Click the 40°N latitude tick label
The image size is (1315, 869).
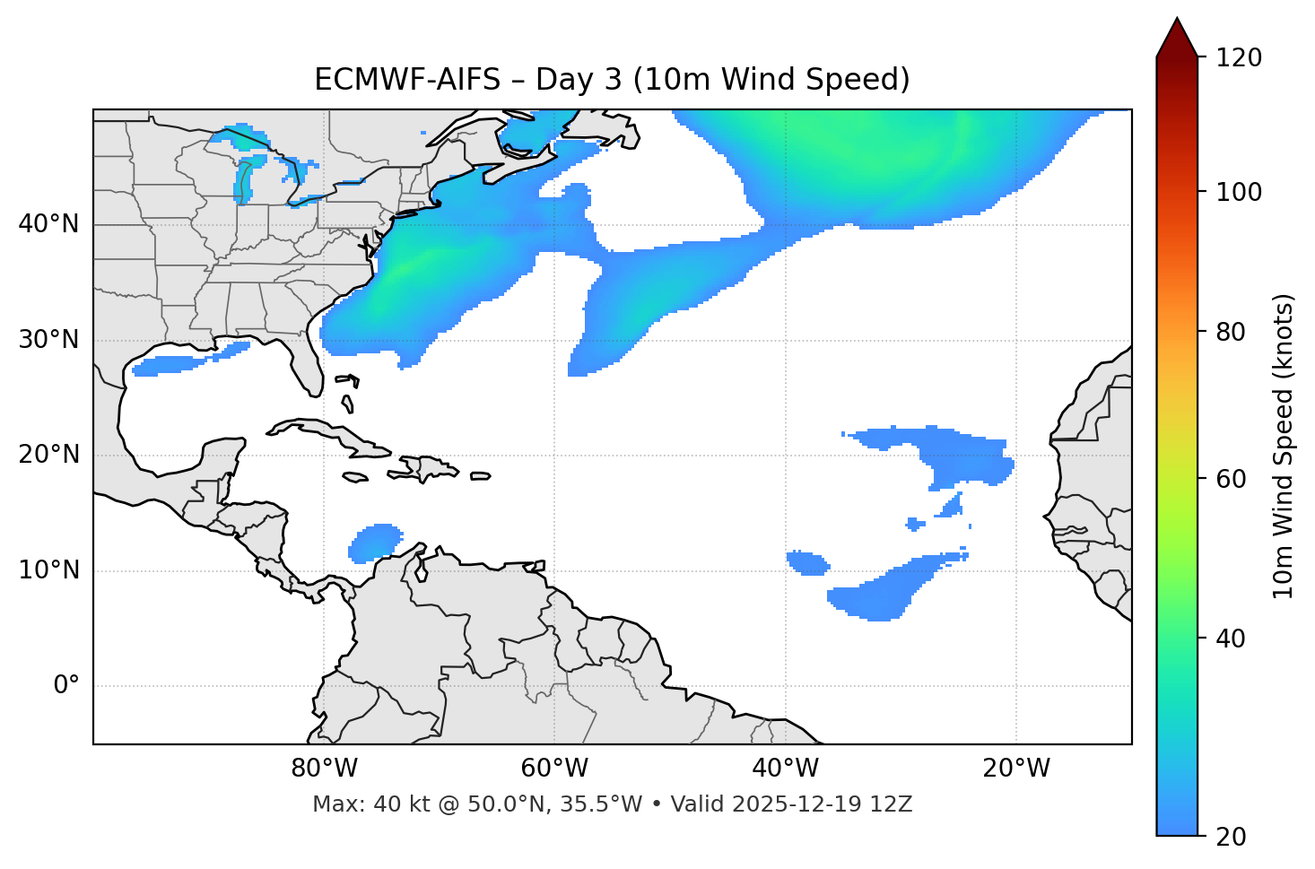coord(48,224)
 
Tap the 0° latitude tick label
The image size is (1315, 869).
coord(65,686)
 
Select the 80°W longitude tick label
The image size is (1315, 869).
coord(324,769)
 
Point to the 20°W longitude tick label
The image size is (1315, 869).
coord(1016,769)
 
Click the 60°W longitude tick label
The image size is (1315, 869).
coord(554,769)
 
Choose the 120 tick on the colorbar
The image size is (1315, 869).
coord(1240,58)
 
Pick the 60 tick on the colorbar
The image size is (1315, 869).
coord(1232,479)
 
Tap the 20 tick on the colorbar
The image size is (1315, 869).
coord(1232,837)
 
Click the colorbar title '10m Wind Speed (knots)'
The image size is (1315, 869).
coord(1284,446)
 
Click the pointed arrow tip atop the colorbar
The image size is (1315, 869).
coord(1177,22)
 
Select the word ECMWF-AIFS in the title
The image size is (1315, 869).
coord(407,80)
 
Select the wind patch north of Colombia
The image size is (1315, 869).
coord(375,542)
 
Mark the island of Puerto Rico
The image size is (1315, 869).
coord(481,476)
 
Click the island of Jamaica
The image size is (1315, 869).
coord(355,477)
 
